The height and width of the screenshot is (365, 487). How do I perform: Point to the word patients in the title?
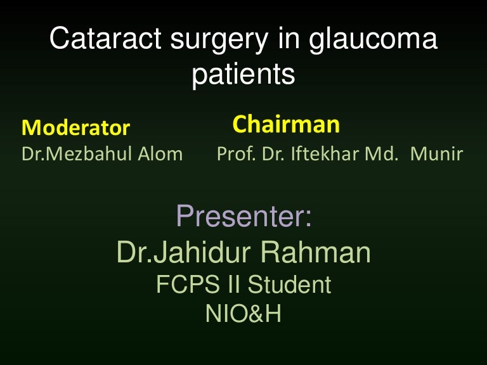(x=243, y=75)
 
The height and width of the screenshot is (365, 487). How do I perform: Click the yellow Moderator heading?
(x=75, y=128)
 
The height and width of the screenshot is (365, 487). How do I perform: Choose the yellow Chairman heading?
(x=286, y=124)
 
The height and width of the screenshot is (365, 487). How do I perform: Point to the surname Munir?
(x=437, y=154)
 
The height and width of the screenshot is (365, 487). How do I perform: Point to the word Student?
(x=289, y=285)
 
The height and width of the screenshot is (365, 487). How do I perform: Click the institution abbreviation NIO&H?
(x=243, y=314)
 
